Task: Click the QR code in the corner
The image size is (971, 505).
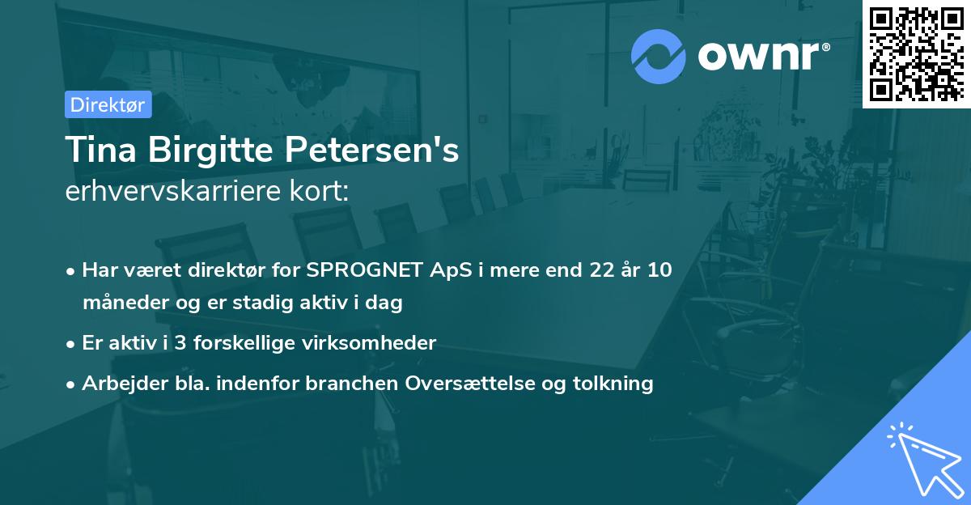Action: click(x=917, y=53)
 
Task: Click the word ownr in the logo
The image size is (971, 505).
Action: click(x=757, y=56)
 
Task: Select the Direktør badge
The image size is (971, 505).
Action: click(x=108, y=104)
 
